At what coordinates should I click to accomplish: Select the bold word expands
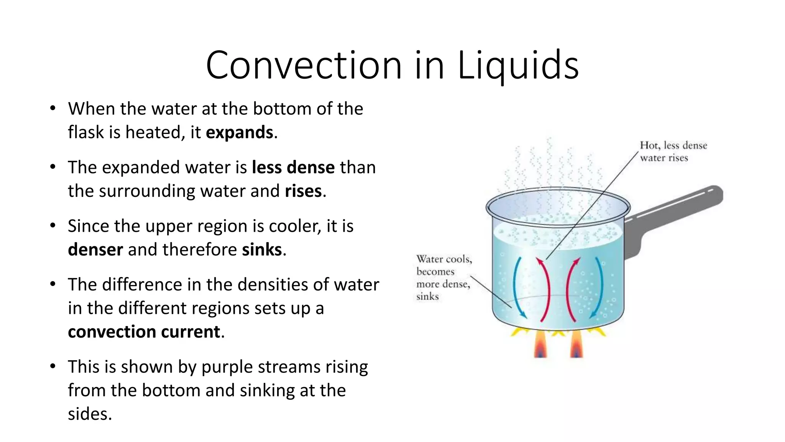pos(240,133)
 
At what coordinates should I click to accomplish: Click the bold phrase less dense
pos(293,168)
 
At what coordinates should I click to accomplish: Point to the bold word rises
pos(303,191)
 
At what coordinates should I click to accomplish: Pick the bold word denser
pos(95,250)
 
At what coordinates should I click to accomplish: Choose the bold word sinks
pos(262,250)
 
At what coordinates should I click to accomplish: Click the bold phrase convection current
pos(144,332)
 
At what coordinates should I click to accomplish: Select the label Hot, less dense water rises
pos(673,152)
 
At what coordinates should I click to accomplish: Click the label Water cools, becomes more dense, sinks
pos(443,277)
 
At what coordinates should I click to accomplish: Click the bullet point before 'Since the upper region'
pos(53,226)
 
